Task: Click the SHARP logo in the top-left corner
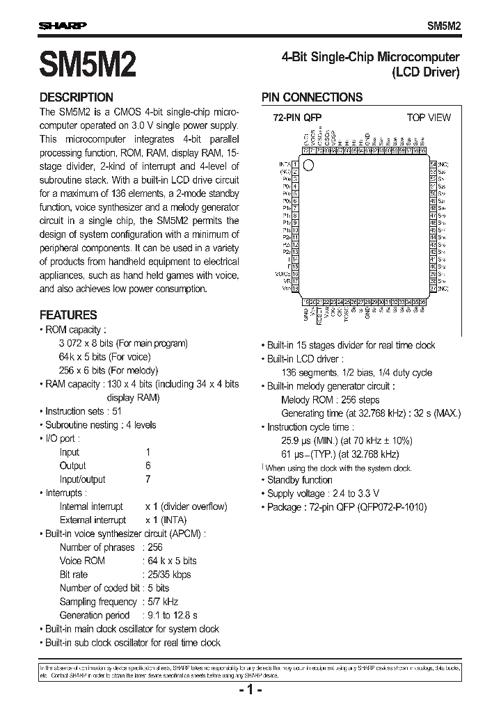click(62, 26)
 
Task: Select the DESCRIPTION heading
click(76, 97)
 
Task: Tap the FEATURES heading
click(68, 314)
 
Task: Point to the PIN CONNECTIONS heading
click(312, 97)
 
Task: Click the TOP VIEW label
click(429, 118)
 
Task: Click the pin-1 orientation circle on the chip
click(310, 166)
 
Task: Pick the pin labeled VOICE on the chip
click(283, 273)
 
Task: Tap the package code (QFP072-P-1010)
click(392, 507)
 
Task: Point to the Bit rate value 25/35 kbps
click(168, 575)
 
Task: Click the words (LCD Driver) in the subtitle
click(426, 72)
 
